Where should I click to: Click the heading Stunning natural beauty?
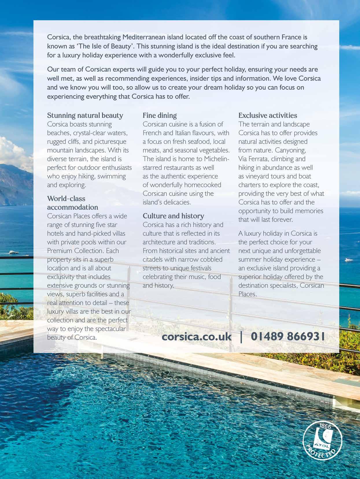85,116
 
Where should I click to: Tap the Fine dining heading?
160,116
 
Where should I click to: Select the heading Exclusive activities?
267,116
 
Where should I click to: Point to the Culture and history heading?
173,216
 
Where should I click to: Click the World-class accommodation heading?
72,203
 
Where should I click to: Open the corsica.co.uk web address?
197,337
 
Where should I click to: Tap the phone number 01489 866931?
288,337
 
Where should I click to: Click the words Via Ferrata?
253,159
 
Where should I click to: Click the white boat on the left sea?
14,252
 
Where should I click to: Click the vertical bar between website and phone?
241,337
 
